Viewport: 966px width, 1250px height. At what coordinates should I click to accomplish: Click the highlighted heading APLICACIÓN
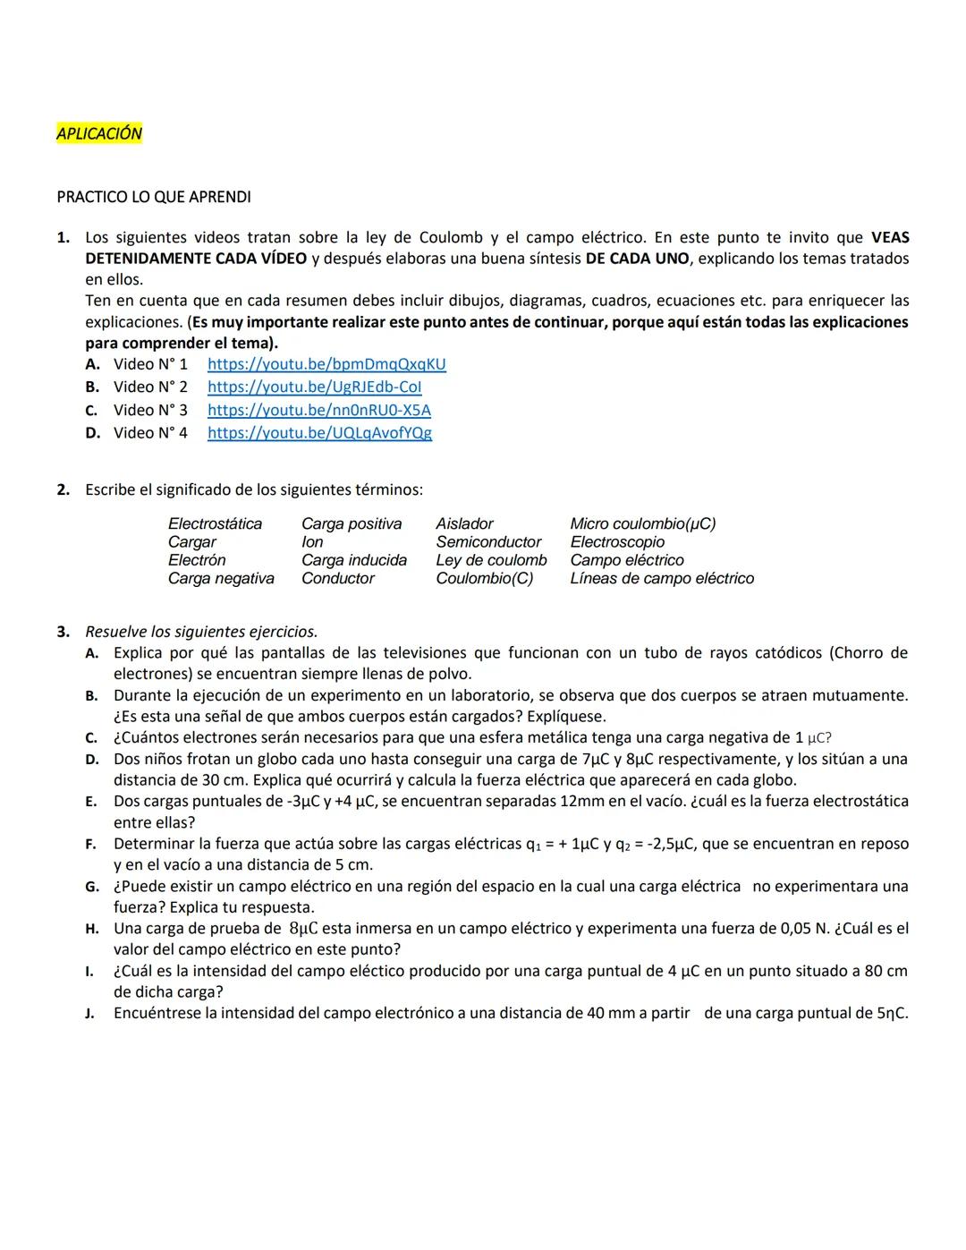tap(99, 134)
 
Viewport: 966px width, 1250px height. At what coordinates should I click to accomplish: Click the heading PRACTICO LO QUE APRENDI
tap(153, 197)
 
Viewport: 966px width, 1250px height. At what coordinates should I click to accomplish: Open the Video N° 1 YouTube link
tap(326, 364)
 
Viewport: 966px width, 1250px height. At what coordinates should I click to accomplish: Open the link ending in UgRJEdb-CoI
tap(314, 387)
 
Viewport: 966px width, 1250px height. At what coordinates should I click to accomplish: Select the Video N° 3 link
tap(318, 411)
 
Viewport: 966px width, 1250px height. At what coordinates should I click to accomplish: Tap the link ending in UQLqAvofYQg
tap(319, 433)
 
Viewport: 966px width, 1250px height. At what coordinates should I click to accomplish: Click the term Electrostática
tap(215, 524)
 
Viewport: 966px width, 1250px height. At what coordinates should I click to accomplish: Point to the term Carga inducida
tap(353, 561)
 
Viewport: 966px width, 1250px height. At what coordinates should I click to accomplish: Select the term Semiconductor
tap(488, 542)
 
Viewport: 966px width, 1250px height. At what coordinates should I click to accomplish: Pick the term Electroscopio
tap(617, 542)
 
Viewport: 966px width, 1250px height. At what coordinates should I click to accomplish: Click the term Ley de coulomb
tap(491, 561)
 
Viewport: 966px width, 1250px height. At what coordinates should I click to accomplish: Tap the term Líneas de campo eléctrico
tap(662, 579)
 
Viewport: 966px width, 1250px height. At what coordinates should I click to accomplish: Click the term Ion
tap(312, 542)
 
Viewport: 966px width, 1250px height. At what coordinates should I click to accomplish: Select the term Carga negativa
tap(221, 579)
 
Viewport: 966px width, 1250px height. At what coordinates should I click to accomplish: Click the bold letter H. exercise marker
tap(92, 930)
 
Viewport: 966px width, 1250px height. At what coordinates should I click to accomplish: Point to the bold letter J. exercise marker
tap(91, 1015)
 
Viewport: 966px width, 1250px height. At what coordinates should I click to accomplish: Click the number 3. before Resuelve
tap(64, 633)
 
